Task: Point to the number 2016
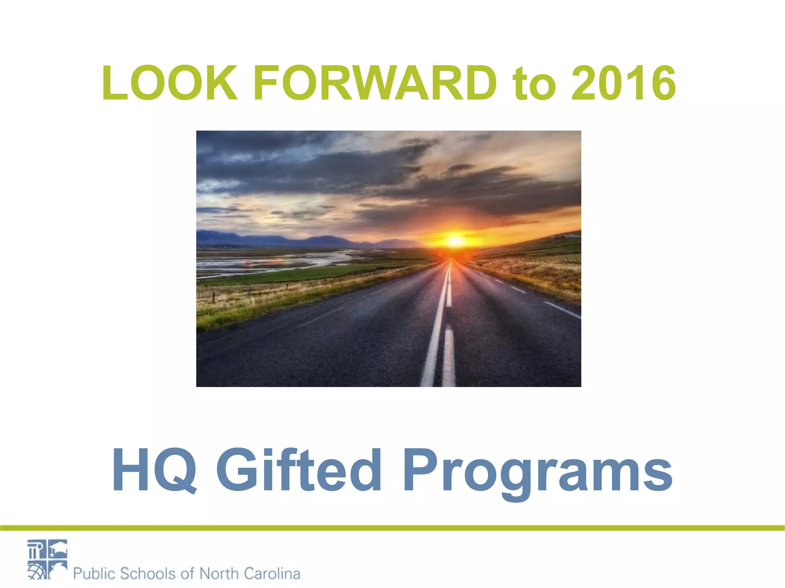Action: pyautogui.click(x=623, y=83)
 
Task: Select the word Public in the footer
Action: pyautogui.click(x=94, y=573)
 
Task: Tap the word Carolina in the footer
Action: pyautogui.click(x=272, y=573)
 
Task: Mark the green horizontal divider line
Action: pyautogui.click(x=392, y=528)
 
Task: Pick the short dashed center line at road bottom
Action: pyautogui.click(x=449, y=356)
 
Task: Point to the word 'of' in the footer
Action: pyautogui.click(x=187, y=573)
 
